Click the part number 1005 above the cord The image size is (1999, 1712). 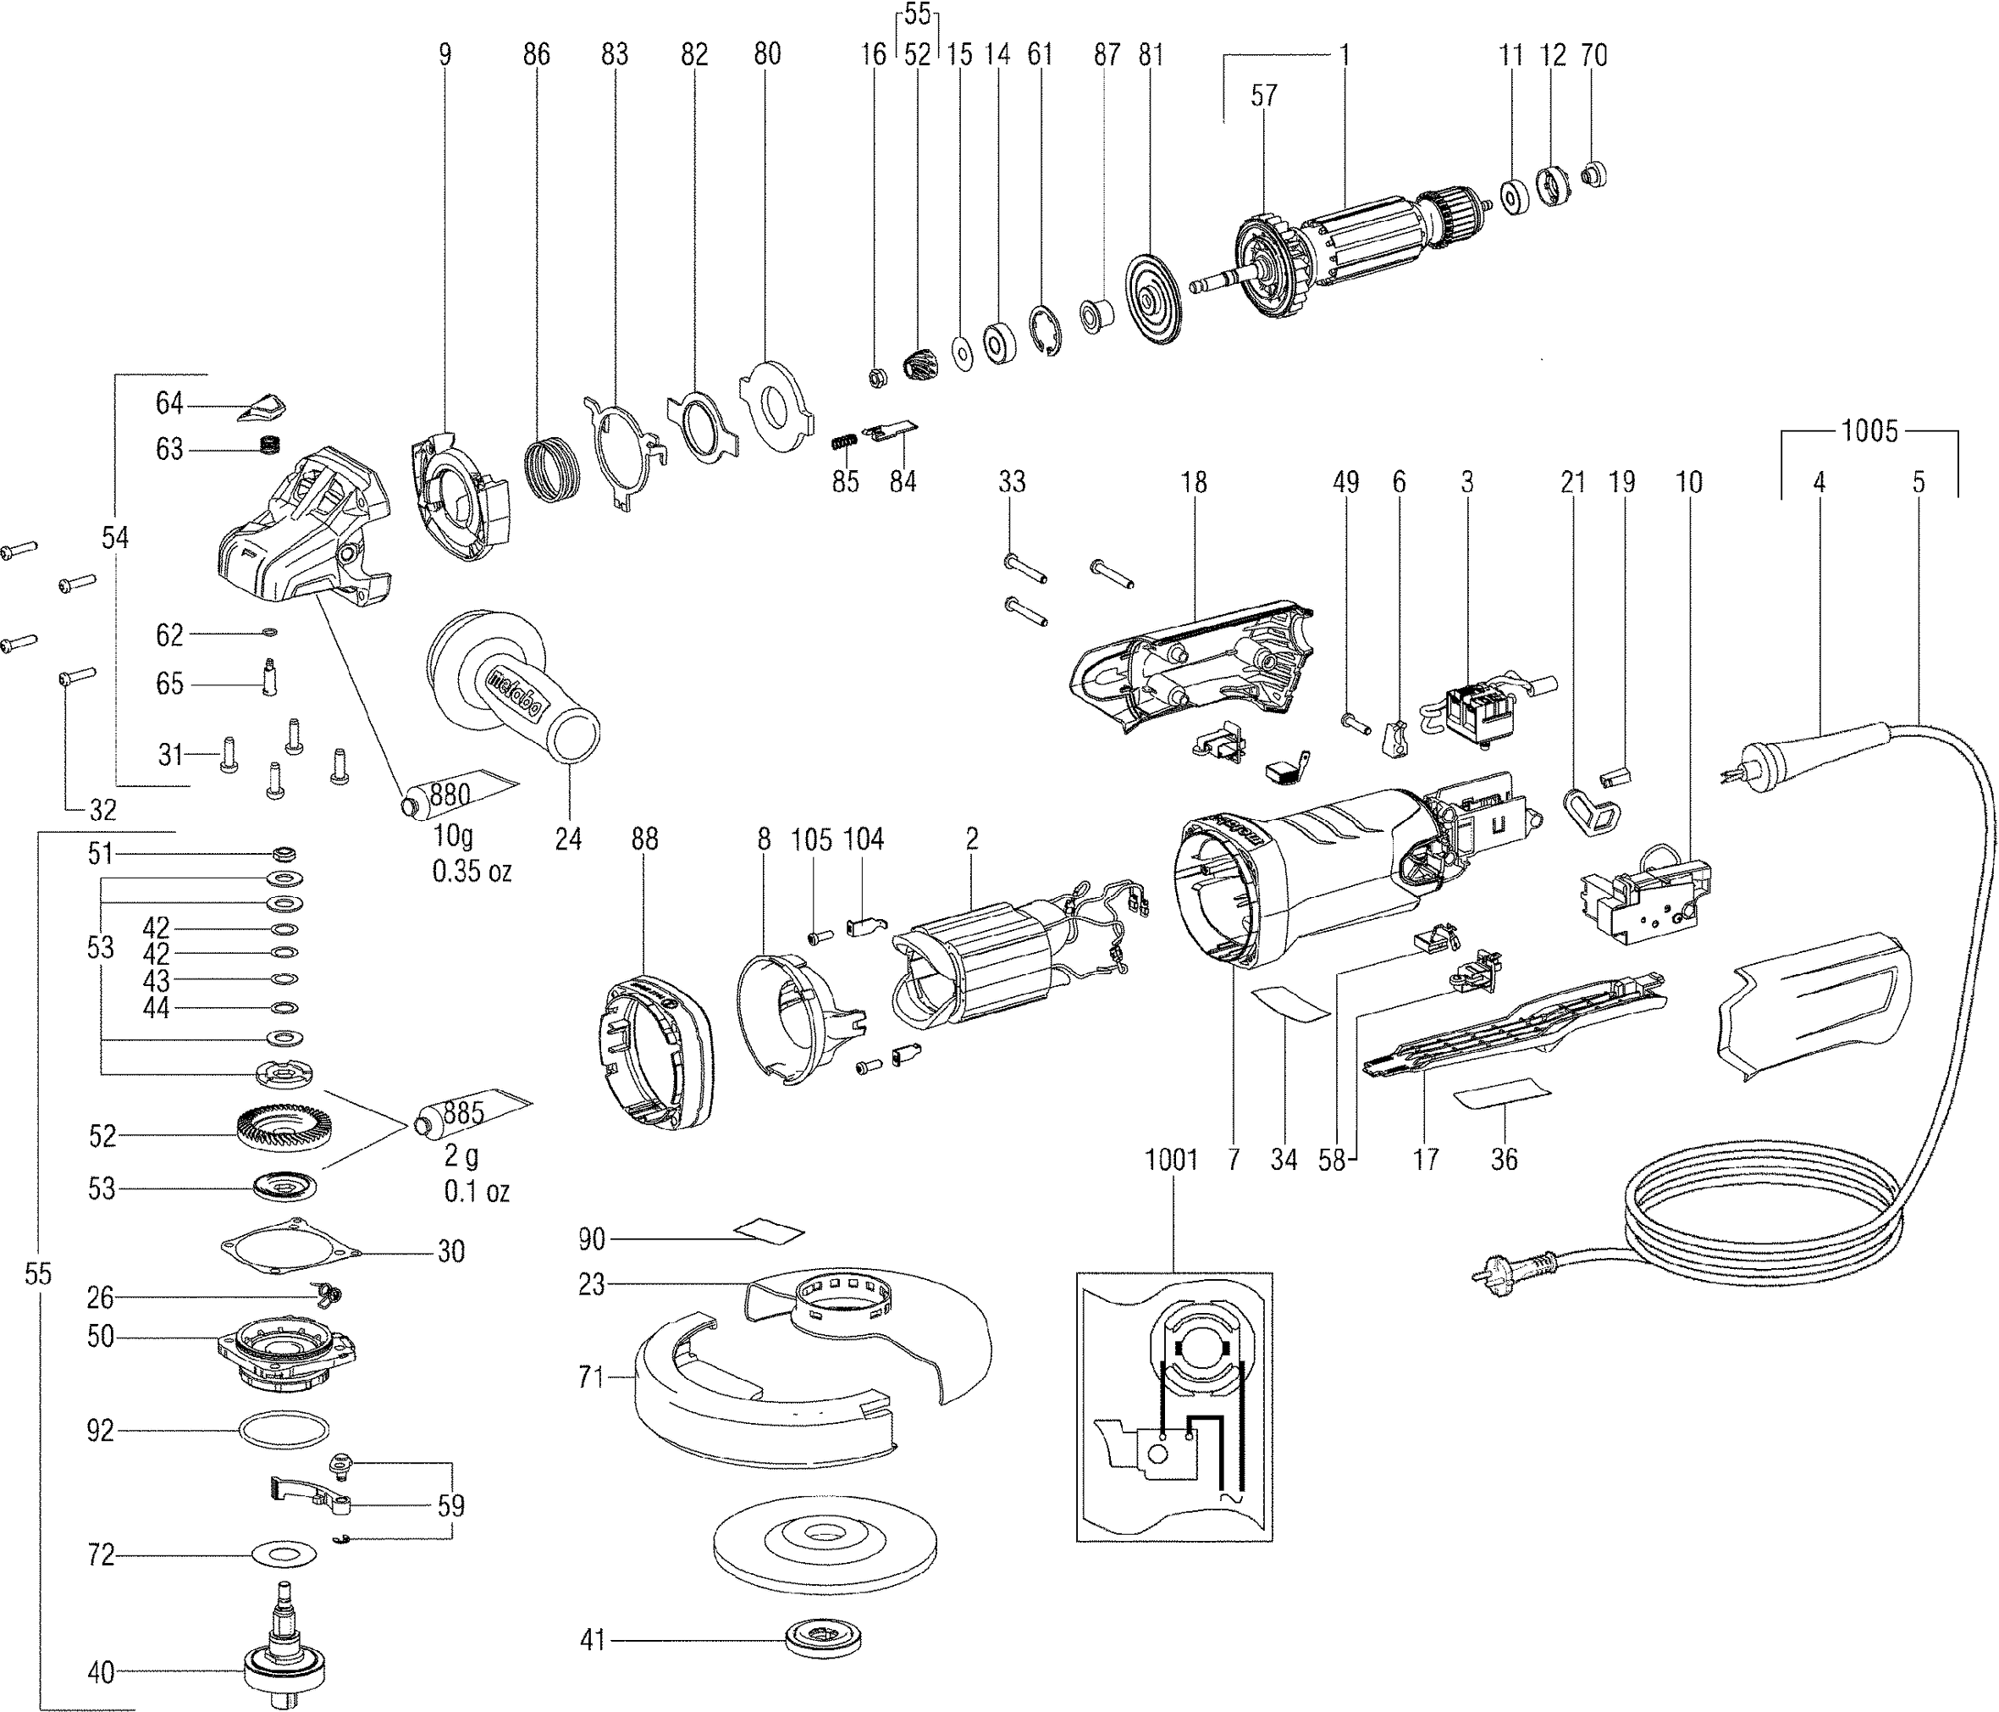pyautogui.click(x=1869, y=430)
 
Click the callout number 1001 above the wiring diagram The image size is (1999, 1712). pyautogui.click(x=1171, y=1159)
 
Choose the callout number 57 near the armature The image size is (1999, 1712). pyautogui.click(x=1264, y=96)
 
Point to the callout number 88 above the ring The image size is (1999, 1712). pyautogui.click(x=644, y=839)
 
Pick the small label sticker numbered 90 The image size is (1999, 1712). pyautogui.click(x=768, y=1232)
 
